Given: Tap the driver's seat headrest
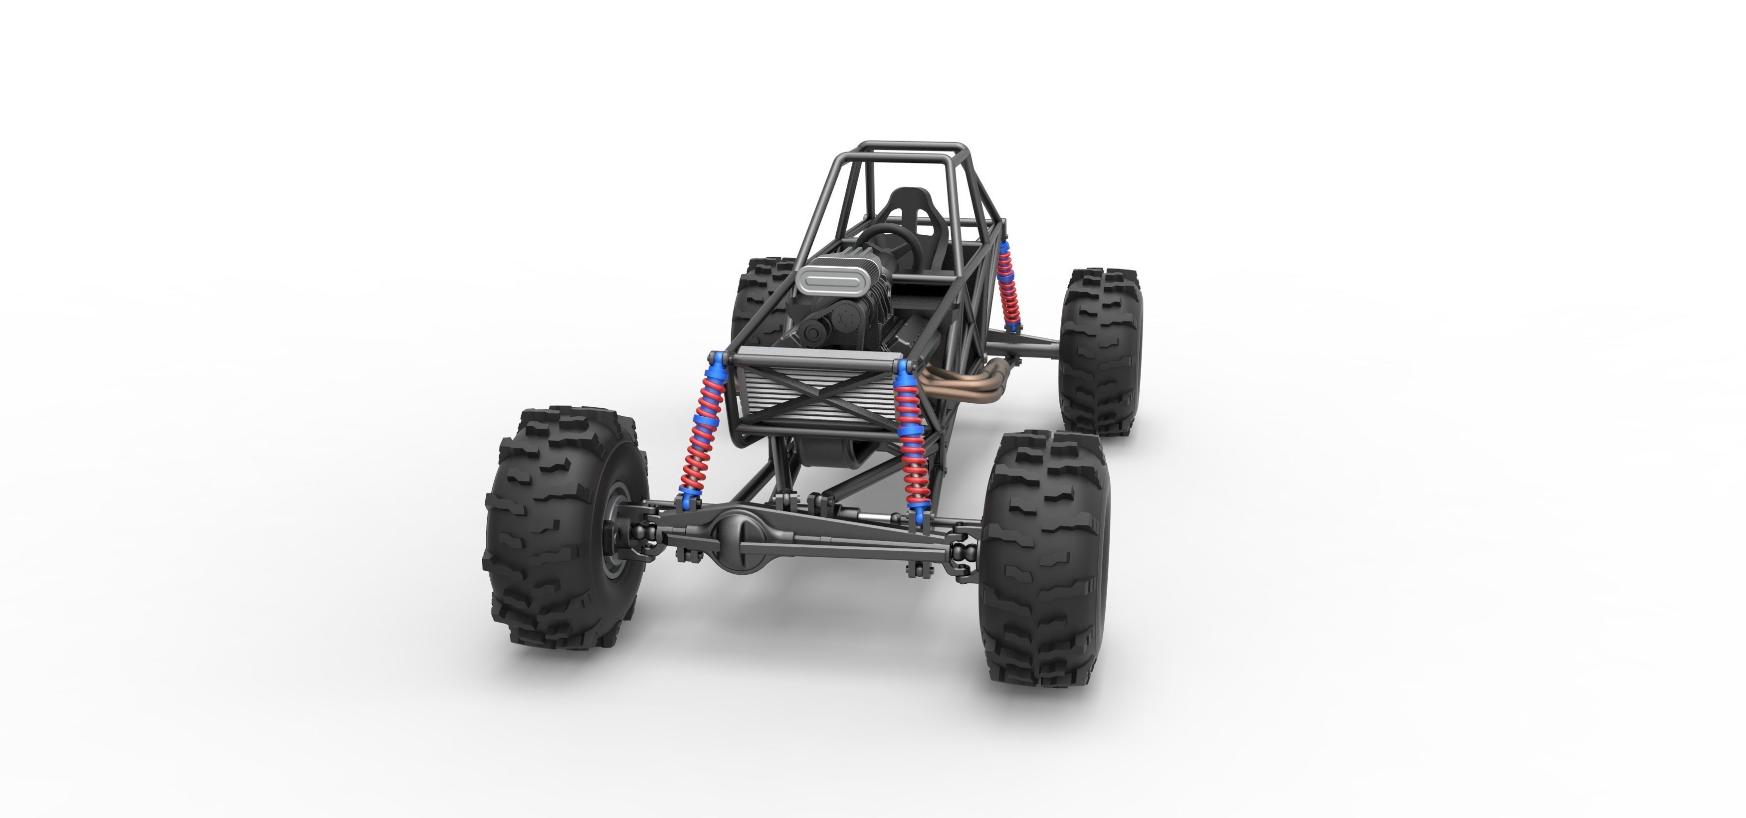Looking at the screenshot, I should [907, 203].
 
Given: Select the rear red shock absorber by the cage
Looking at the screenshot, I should [1008, 285].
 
